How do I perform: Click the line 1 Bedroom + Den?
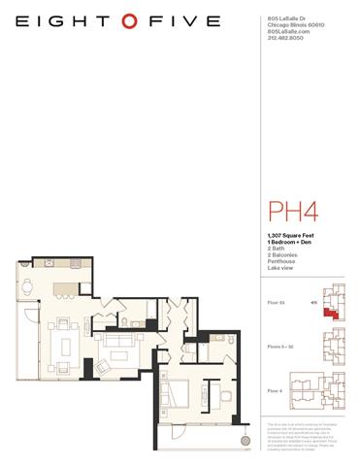(x=287, y=242)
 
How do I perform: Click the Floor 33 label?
(x=276, y=302)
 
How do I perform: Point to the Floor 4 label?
(x=276, y=389)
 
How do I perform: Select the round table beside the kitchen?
(x=28, y=287)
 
